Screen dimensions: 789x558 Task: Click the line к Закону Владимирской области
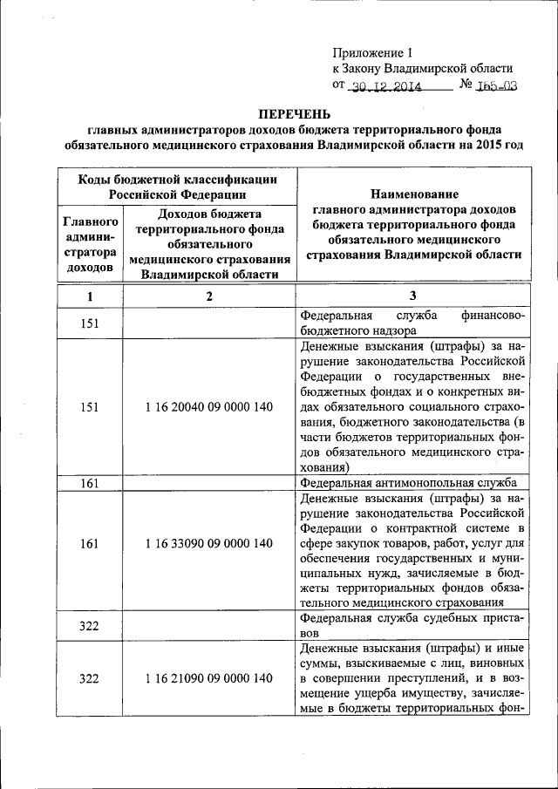tap(422, 69)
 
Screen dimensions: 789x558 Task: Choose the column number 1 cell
tap(89, 296)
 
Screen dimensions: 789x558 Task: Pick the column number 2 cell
tap(209, 296)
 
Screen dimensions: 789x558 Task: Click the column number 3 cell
tap(413, 296)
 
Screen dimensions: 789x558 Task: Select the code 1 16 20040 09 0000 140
tap(209, 407)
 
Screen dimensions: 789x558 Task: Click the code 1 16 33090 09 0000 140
tap(209, 543)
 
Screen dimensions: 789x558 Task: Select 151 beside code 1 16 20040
tap(89, 407)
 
